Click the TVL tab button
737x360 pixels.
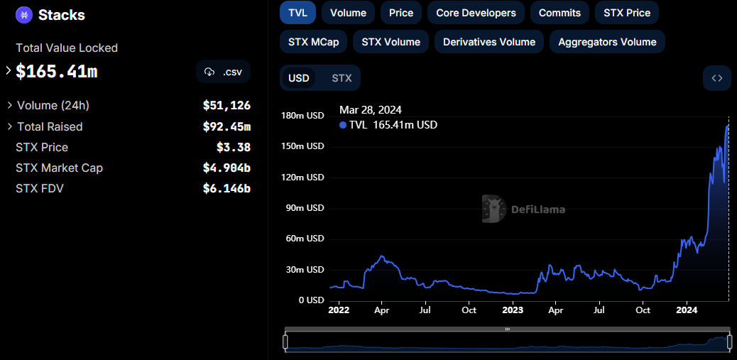pyautogui.click(x=297, y=13)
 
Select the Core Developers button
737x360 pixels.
pyautogui.click(x=476, y=13)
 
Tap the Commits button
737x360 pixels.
pyautogui.click(x=559, y=13)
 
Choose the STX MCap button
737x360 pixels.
pyautogui.click(x=313, y=42)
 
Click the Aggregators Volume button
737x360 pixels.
pyautogui.click(x=607, y=42)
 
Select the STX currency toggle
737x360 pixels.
pyautogui.click(x=342, y=78)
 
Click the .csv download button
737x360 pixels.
pyautogui.click(x=223, y=72)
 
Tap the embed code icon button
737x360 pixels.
pyautogui.click(x=717, y=78)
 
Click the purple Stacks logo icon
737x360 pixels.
pyautogui.click(x=23, y=15)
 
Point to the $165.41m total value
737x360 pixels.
pyautogui.click(x=57, y=72)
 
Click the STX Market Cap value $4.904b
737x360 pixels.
pyautogui.click(x=226, y=168)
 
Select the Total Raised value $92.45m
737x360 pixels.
pyautogui.click(x=226, y=126)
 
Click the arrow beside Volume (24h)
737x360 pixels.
pyautogui.click(x=9, y=105)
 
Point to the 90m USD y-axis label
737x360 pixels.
pyautogui.click(x=305, y=208)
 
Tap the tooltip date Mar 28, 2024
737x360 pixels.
pyautogui.click(x=371, y=110)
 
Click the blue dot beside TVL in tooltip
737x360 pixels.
pyautogui.click(x=343, y=125)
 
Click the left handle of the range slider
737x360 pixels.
pyautogui.click(x=285, y=342)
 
